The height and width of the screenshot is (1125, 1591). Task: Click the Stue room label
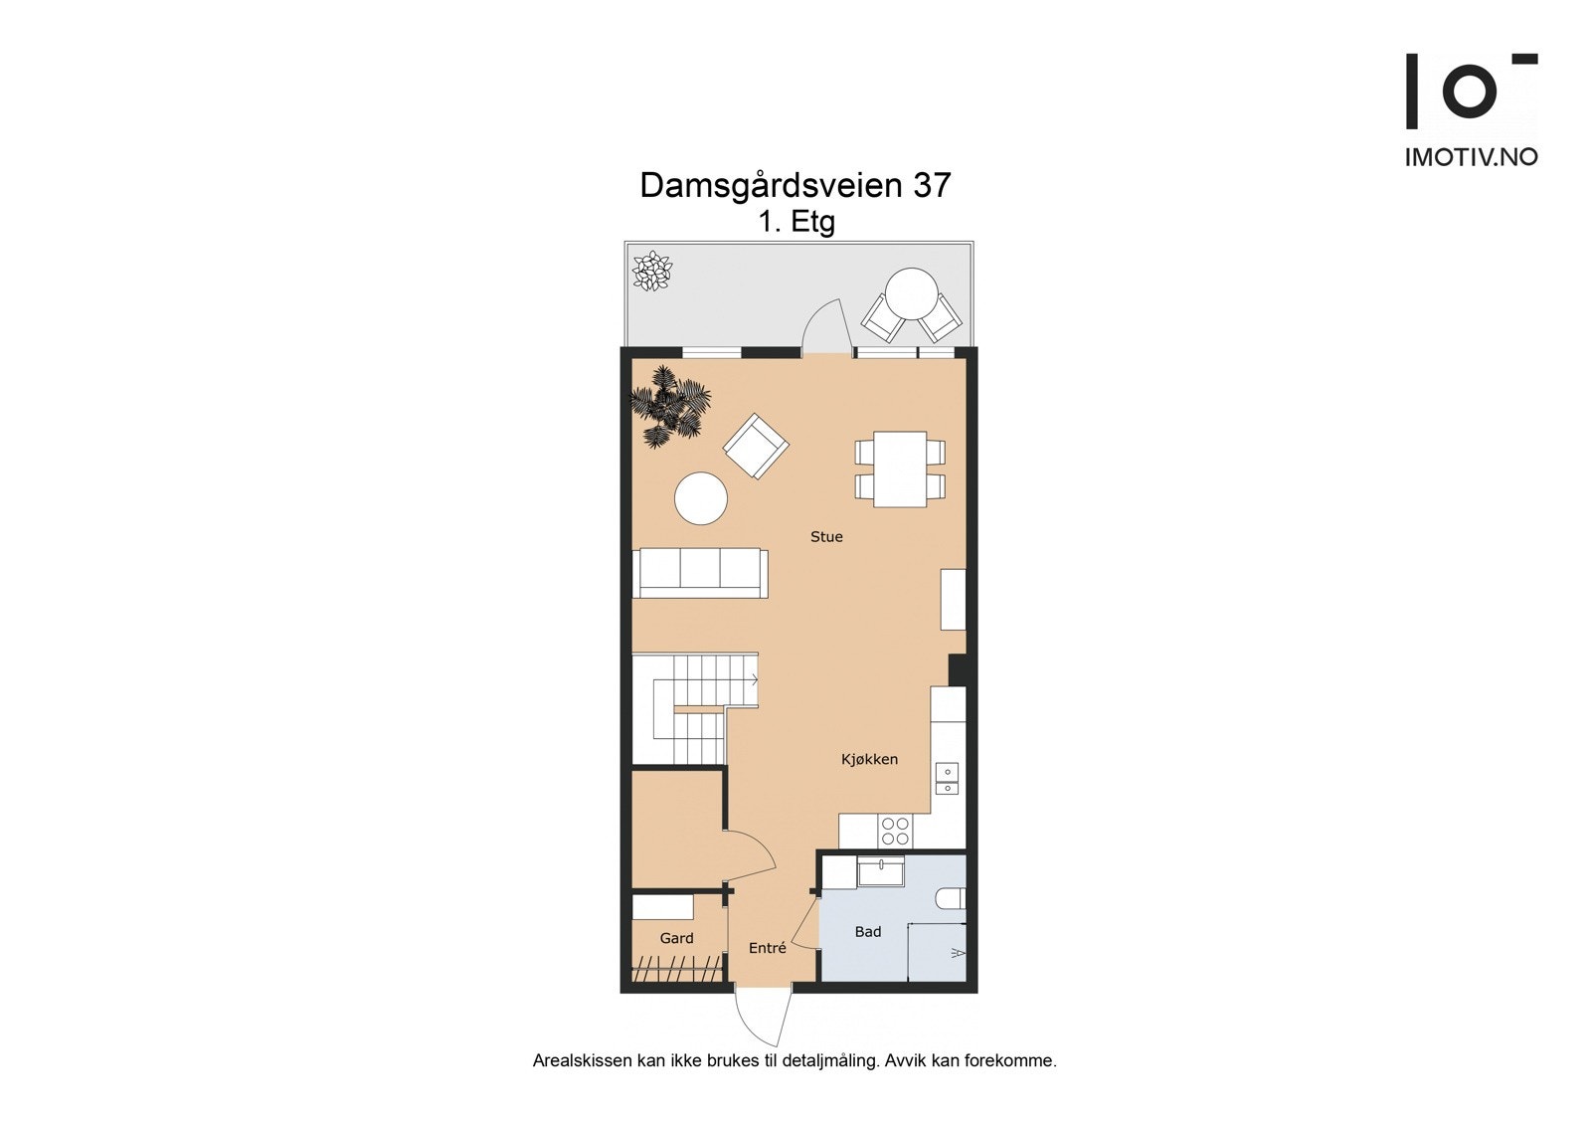[x=826, y=537]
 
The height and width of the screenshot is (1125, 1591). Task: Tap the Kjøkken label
[x=869, y=760]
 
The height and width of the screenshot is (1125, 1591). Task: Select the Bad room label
[x=868, y=932]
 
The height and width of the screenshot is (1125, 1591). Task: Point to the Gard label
[x=676, y=938]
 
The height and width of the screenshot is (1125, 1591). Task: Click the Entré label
[x=767, y=949]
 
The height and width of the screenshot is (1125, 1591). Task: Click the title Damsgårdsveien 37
[x=795, y=185]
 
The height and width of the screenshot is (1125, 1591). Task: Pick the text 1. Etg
[x=795, y=222]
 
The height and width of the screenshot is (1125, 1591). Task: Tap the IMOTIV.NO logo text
[x=1471, y=157]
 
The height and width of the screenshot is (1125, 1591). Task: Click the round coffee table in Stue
[x=701, y=497]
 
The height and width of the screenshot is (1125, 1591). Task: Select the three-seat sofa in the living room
[x=700, y=573]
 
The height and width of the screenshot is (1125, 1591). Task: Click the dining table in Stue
[x=900, y=469]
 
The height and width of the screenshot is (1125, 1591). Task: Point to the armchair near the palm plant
[x=756, y=446]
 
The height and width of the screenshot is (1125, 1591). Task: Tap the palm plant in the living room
[x=668, y=406]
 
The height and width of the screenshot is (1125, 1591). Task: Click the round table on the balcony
[x=911, y=292]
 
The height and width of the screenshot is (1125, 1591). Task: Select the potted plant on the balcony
[x=652, y=271]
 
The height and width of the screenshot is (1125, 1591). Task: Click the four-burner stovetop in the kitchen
[x=895, y=831]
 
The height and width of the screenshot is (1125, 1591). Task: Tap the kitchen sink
[x=947, y=778]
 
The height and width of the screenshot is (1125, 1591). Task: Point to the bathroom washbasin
[x=881, y=872]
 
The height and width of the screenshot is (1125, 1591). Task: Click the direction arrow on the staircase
[x=755, y=680]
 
